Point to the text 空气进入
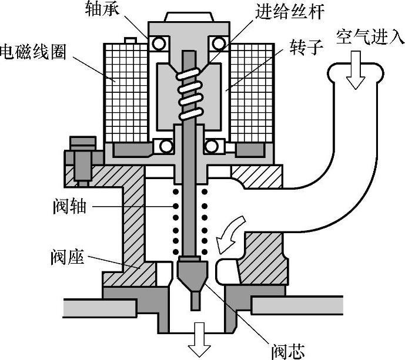(x=370, y=36)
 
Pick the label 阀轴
(x=69, y=207)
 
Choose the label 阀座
(x=69, y=257)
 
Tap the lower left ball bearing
(x=166, y=146)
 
